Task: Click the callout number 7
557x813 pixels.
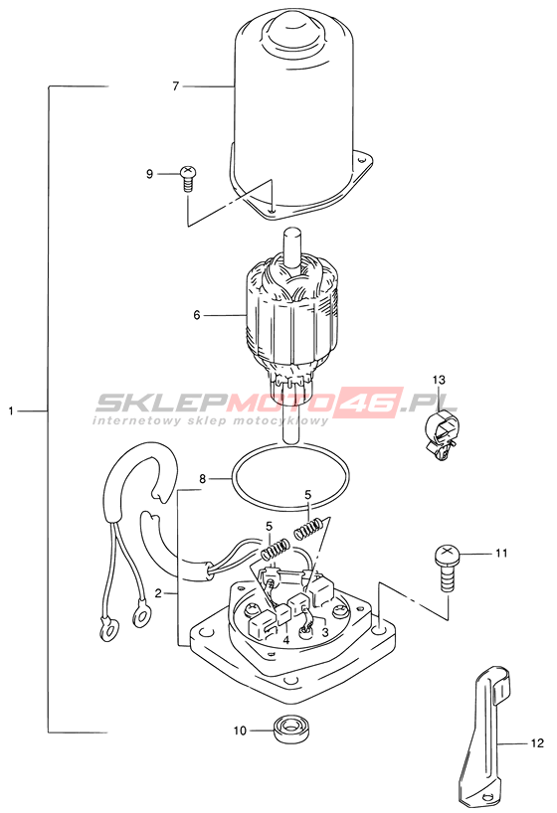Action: pyautogui.click(x=175, y=86)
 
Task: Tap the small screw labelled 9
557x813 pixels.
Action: pyautogui.click(x=188, y=178)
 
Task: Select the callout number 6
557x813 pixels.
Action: pyautogui.click(x=197, y=315)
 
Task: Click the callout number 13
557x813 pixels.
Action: pyautogui.click(x=439, y=380)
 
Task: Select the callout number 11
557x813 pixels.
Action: pyautogui.click(x=501, y=554)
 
